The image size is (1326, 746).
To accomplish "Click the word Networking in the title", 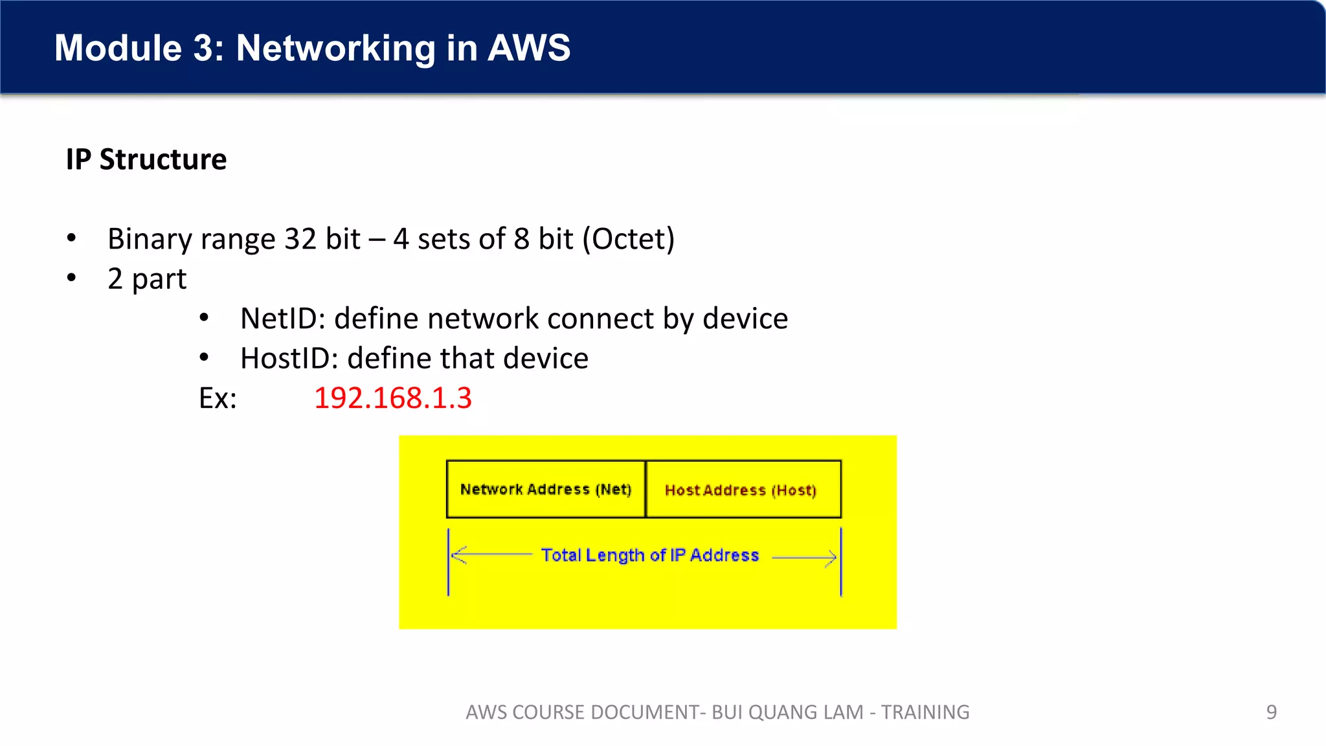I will tap(335, 48).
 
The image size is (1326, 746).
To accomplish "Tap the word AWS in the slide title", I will tap(528, 48).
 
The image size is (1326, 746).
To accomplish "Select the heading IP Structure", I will tap(146, 159).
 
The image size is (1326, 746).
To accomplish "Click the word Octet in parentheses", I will tap(628, 239).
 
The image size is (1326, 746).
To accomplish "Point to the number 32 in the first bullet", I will tap(300, 239).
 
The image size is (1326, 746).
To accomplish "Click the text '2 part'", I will tap(147, 279).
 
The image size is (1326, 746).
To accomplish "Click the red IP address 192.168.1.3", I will tap(393, 398).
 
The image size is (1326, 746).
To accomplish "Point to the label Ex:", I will tap(218, 398).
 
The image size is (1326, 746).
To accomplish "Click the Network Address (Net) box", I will tap(546, 490).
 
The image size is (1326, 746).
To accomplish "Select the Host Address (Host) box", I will tap(743, 490).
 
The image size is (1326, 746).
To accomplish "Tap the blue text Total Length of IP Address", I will tap(649, 555).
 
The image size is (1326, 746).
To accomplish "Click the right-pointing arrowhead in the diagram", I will tap(831, 557).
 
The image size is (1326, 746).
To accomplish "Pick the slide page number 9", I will tap(1271, 712).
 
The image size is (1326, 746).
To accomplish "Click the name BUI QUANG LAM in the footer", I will tap(787, 712).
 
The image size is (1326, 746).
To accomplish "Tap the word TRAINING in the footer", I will tap(925, 712).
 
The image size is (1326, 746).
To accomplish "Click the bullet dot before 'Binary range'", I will tap(71, 238).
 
